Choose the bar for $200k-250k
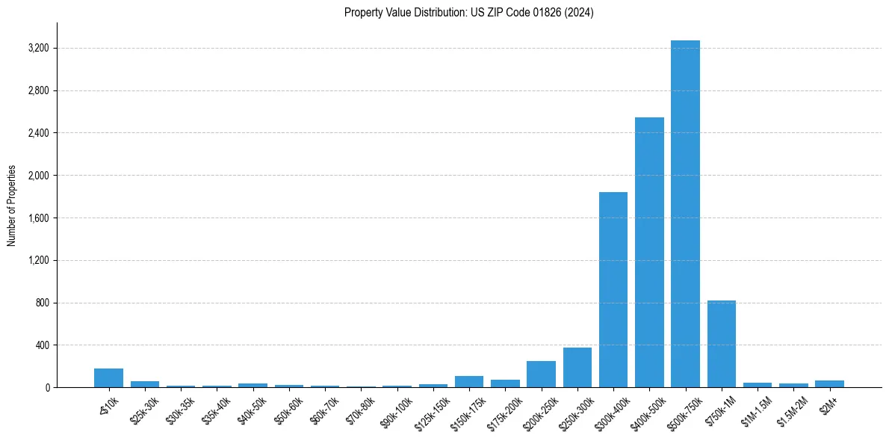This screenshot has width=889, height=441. [541, 374]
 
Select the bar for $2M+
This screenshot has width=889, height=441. [829, 384]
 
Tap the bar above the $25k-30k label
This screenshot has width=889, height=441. [145, 384]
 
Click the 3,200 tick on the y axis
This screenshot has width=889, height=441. [38, 49]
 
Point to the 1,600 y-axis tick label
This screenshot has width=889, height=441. [38, 218]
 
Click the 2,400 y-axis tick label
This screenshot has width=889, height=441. [38, 133]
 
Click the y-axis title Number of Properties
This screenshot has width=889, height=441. [12, 206]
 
